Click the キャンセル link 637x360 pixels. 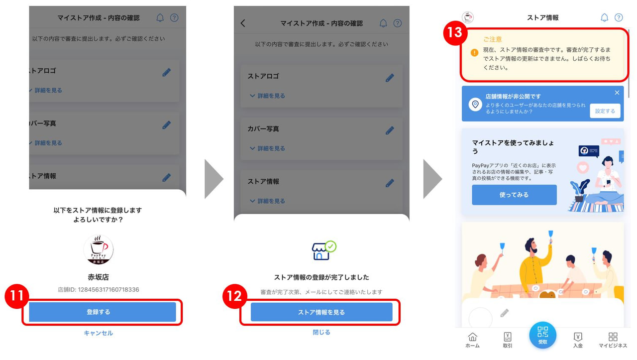pos(99,333)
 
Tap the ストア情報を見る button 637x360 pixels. pos(321,312)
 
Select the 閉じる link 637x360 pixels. pos(321,332)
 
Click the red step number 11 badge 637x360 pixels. pos(17,296)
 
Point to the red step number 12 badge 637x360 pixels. pos(234,296)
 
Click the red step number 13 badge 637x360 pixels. pos(455,33)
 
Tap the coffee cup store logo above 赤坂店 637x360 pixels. pos(99,249)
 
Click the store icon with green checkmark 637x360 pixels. pos(323,250)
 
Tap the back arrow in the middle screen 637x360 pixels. pos(243,23)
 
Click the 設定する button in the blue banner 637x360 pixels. pos(605,111)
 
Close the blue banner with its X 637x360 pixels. pos(617,93)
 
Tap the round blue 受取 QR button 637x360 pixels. pos(542,335)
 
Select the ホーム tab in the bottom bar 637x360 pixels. pos(472,341)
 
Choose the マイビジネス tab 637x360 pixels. pos(613,341)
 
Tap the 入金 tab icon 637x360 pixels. pos(578,337)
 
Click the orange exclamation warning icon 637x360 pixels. pos(474,53)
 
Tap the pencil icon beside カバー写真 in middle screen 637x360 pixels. pos(390,130)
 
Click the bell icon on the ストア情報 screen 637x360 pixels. pos(604,17)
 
